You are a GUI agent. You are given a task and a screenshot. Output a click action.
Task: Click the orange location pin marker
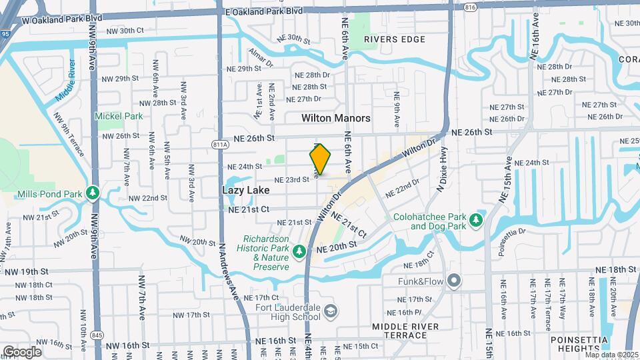[320, 159]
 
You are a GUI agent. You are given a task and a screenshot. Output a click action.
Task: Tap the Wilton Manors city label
[335, 118]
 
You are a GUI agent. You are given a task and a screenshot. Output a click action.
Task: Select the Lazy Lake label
[245, 190]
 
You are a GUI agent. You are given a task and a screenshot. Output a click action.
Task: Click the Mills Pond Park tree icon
[93, 194]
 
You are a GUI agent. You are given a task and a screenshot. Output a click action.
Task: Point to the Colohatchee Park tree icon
[475, 220]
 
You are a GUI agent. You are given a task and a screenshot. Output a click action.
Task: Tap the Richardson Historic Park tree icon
[299, 251]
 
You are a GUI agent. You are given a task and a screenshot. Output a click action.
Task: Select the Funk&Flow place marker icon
[454, 280]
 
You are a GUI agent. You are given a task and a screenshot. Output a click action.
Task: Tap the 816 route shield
[471, 7]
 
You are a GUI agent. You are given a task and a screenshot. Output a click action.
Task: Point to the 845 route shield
[98, 335]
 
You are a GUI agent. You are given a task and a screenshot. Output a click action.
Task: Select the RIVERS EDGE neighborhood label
[395, 39]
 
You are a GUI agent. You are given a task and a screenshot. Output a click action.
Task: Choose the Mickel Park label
[119, 116]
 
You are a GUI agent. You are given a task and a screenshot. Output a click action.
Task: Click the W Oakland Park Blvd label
[63, 19]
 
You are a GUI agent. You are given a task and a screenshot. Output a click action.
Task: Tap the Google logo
[22, 351]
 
